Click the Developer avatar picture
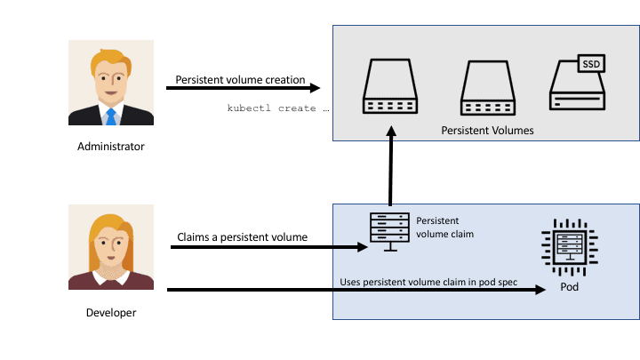pos(111,247)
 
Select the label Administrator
pos(111,147)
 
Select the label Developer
pos(111,312)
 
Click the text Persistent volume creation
pos(240,80)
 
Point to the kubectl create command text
pos(278,108)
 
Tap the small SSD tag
pos(591,64)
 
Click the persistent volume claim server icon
pos(389,230)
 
